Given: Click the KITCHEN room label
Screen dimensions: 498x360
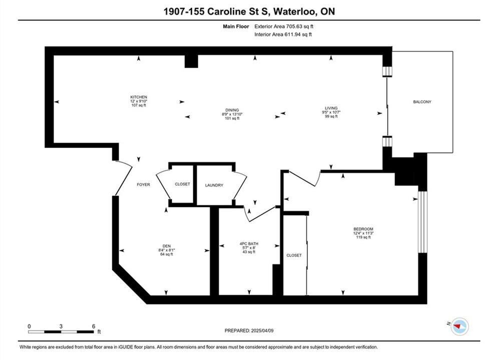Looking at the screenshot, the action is (x=139, y=97).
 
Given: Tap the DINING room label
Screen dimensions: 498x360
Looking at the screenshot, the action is (x=232, y=110).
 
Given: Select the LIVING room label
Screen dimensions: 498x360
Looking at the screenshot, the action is (x=331, y=108).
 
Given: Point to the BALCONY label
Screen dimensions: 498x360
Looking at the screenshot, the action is (x=422, y=102).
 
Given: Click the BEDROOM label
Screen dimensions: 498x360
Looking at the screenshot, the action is (x=363, y=229).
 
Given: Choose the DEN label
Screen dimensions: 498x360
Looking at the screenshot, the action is (x=167, y=246).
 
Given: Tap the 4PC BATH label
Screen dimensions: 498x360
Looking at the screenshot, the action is (x=249, y=243).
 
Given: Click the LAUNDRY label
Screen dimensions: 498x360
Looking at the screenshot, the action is (x=214, y=185).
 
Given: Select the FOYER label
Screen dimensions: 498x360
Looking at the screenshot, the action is (x=143, y=184).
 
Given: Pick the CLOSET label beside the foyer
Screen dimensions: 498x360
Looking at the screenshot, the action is (x=182, y=184).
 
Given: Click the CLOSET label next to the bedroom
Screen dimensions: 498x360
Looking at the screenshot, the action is (x=294, y=255).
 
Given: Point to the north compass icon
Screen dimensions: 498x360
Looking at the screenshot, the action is (x=459, y=326).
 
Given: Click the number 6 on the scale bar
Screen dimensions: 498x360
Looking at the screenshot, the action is (x=94, y=326).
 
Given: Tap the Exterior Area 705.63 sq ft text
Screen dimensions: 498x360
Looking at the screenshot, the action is (x=284, y=26).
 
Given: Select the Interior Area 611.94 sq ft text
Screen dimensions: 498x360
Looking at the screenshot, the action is (x=283, y=34).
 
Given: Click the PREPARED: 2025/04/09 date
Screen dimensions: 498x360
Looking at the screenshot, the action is (x=249, y=330).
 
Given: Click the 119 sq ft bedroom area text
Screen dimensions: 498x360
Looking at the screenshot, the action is (x=363, y=237).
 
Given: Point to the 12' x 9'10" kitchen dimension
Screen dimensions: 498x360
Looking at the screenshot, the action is (x=139, y=101).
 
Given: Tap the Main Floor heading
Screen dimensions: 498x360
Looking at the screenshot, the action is (x=236, y=26).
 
